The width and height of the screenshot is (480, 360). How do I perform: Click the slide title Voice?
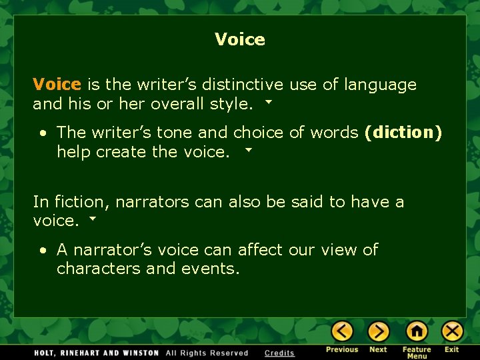pyautogui.click(x=240, y=40)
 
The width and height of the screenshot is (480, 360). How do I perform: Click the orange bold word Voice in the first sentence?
pyautogui.click(x=57, y=85)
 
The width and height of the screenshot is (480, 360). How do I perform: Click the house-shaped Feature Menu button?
pyautogui.click(x=417, y=331)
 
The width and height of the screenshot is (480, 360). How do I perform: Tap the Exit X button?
pyautogui.click(x=452, y=331)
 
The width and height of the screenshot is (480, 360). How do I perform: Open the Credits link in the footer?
pyautogui.click(x=279, y=353)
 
